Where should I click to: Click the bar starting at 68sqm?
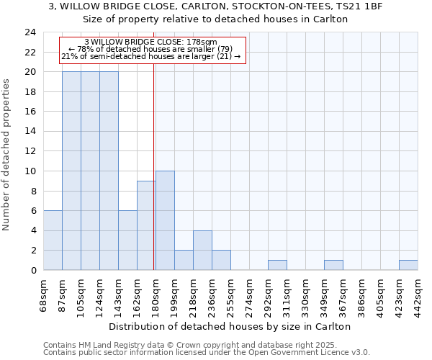(x=53, y=240)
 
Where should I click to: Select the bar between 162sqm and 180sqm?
(x=146, y=225)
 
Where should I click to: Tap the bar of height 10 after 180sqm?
(x=165, y=220)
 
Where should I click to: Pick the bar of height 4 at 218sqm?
(x=202, y=250)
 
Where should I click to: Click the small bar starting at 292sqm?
(x=277, y=265)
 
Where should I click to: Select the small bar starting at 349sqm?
(x=333, y=265)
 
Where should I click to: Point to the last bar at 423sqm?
(x=408, y=265)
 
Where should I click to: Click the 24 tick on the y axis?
(x=30, y=32)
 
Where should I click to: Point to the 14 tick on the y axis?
(x=30, y=132)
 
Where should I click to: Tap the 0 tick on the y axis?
(x=32, y=270)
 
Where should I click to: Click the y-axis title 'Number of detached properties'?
(x=7, y=156)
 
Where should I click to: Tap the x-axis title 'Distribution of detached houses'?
(x=230, y=327)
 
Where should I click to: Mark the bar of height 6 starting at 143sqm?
(x=127, y=240)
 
